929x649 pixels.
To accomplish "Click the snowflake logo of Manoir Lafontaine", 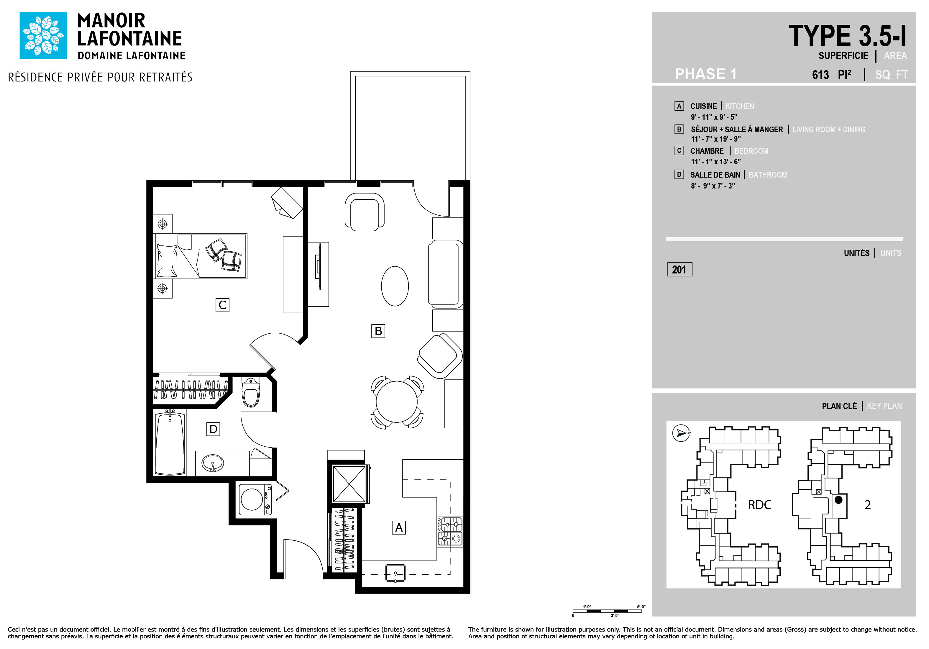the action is click(x=43, y=36).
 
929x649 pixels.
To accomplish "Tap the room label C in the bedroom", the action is click(x=222, y=305).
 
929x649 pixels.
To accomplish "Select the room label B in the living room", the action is click(x=378, y=331).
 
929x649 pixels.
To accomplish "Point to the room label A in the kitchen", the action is click(x=398, y=528).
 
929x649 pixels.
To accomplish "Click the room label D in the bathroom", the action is click(x=213, y=429).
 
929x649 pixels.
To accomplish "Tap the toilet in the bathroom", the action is click(x=251, y=392).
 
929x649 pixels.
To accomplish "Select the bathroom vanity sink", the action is click(x=212, y=463).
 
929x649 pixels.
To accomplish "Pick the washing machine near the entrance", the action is click(x=255, y=500).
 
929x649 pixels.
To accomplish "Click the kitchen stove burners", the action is click(x=450, y=532).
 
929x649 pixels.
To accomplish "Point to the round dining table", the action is click(x=397, y=402).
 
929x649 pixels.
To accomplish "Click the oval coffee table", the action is click(x=395, y=286).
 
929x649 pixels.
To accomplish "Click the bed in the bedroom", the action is click(x=201, y=256).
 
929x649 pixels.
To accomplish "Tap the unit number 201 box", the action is click(x=680, y=269).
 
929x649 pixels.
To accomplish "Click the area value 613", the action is click(x=820, y=75).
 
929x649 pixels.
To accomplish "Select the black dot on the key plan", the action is click(x=839, y=500).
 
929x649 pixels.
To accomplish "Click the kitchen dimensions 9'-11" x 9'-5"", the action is click(x=714, y=117).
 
